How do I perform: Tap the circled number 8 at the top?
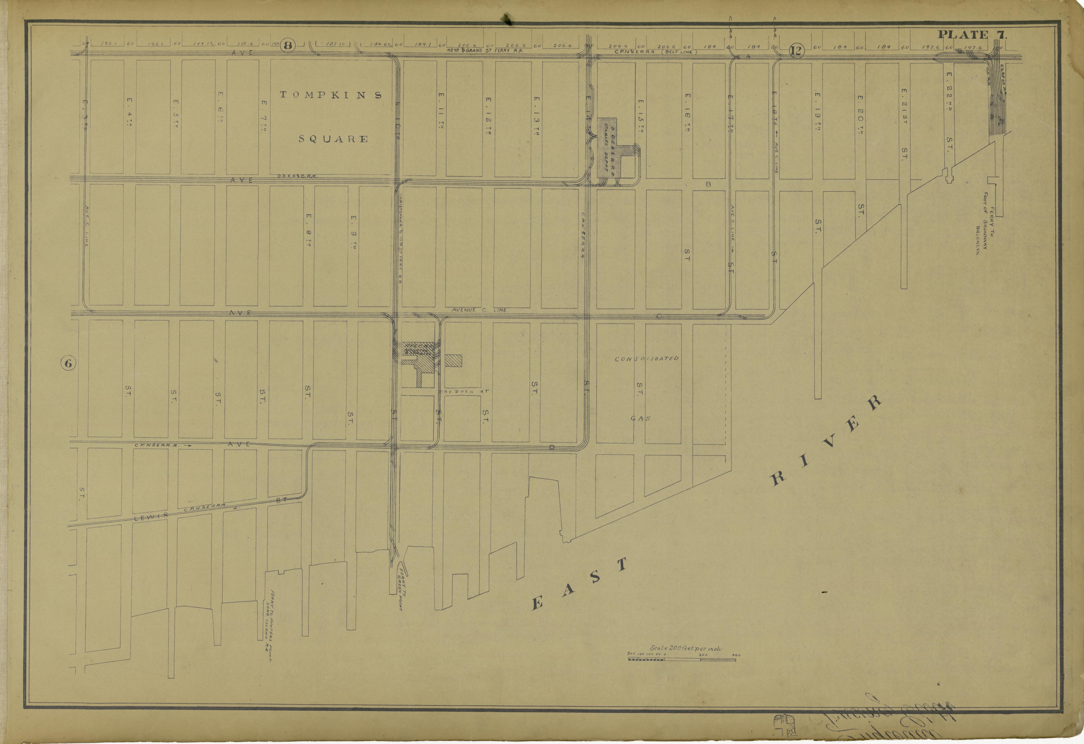288,45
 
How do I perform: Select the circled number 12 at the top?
797,50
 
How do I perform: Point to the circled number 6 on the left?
68,363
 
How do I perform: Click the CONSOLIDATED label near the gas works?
646,359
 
